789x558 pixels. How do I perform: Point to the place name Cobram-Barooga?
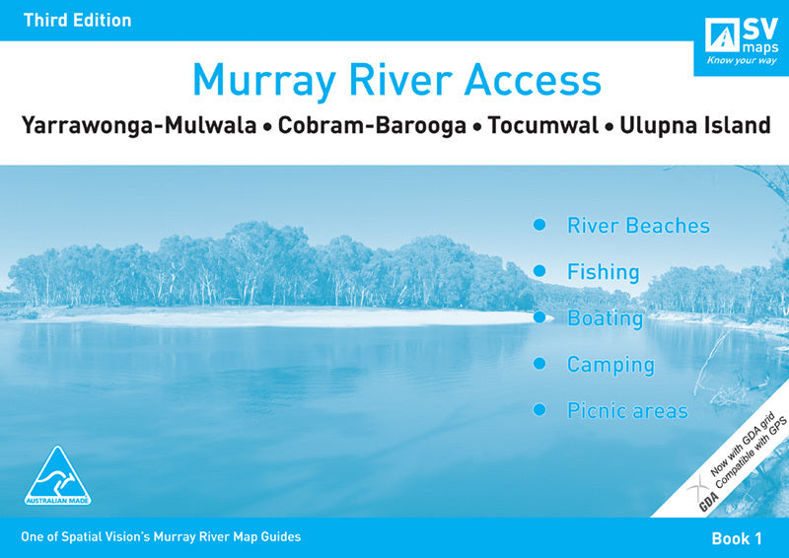click(x=372, y=126)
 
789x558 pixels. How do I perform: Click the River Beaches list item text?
click(x=638, y=226)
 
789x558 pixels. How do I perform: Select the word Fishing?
click(x=603, y=272)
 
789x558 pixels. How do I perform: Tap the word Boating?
click(x=605, y=318)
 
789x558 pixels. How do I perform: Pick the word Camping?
click(x=610, y=365)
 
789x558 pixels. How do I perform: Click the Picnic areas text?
click(x=627, y=411)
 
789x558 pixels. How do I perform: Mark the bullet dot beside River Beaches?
click(x=539, y=225)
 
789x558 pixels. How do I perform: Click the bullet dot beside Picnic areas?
click(x=539, y=409)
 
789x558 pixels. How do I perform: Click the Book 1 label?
click(x=737, y=538)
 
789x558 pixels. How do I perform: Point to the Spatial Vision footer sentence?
click(x=160, y=537)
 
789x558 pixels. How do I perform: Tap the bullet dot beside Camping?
click(x=539, y=364)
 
